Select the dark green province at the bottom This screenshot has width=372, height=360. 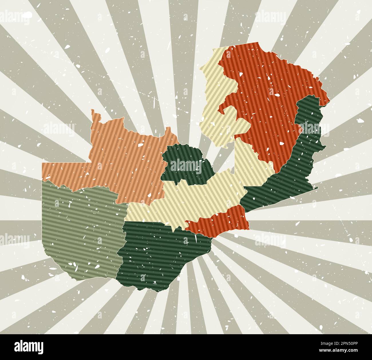tap(160, 252)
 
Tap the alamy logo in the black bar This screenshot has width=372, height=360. tap(29, 347)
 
